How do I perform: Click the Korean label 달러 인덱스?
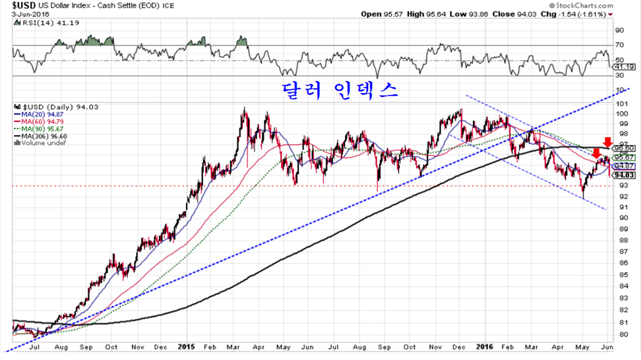339,90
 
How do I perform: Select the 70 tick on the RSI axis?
620,44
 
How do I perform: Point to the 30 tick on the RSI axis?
620,75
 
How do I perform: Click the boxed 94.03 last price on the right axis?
624,175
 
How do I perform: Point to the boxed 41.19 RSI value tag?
623,67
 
